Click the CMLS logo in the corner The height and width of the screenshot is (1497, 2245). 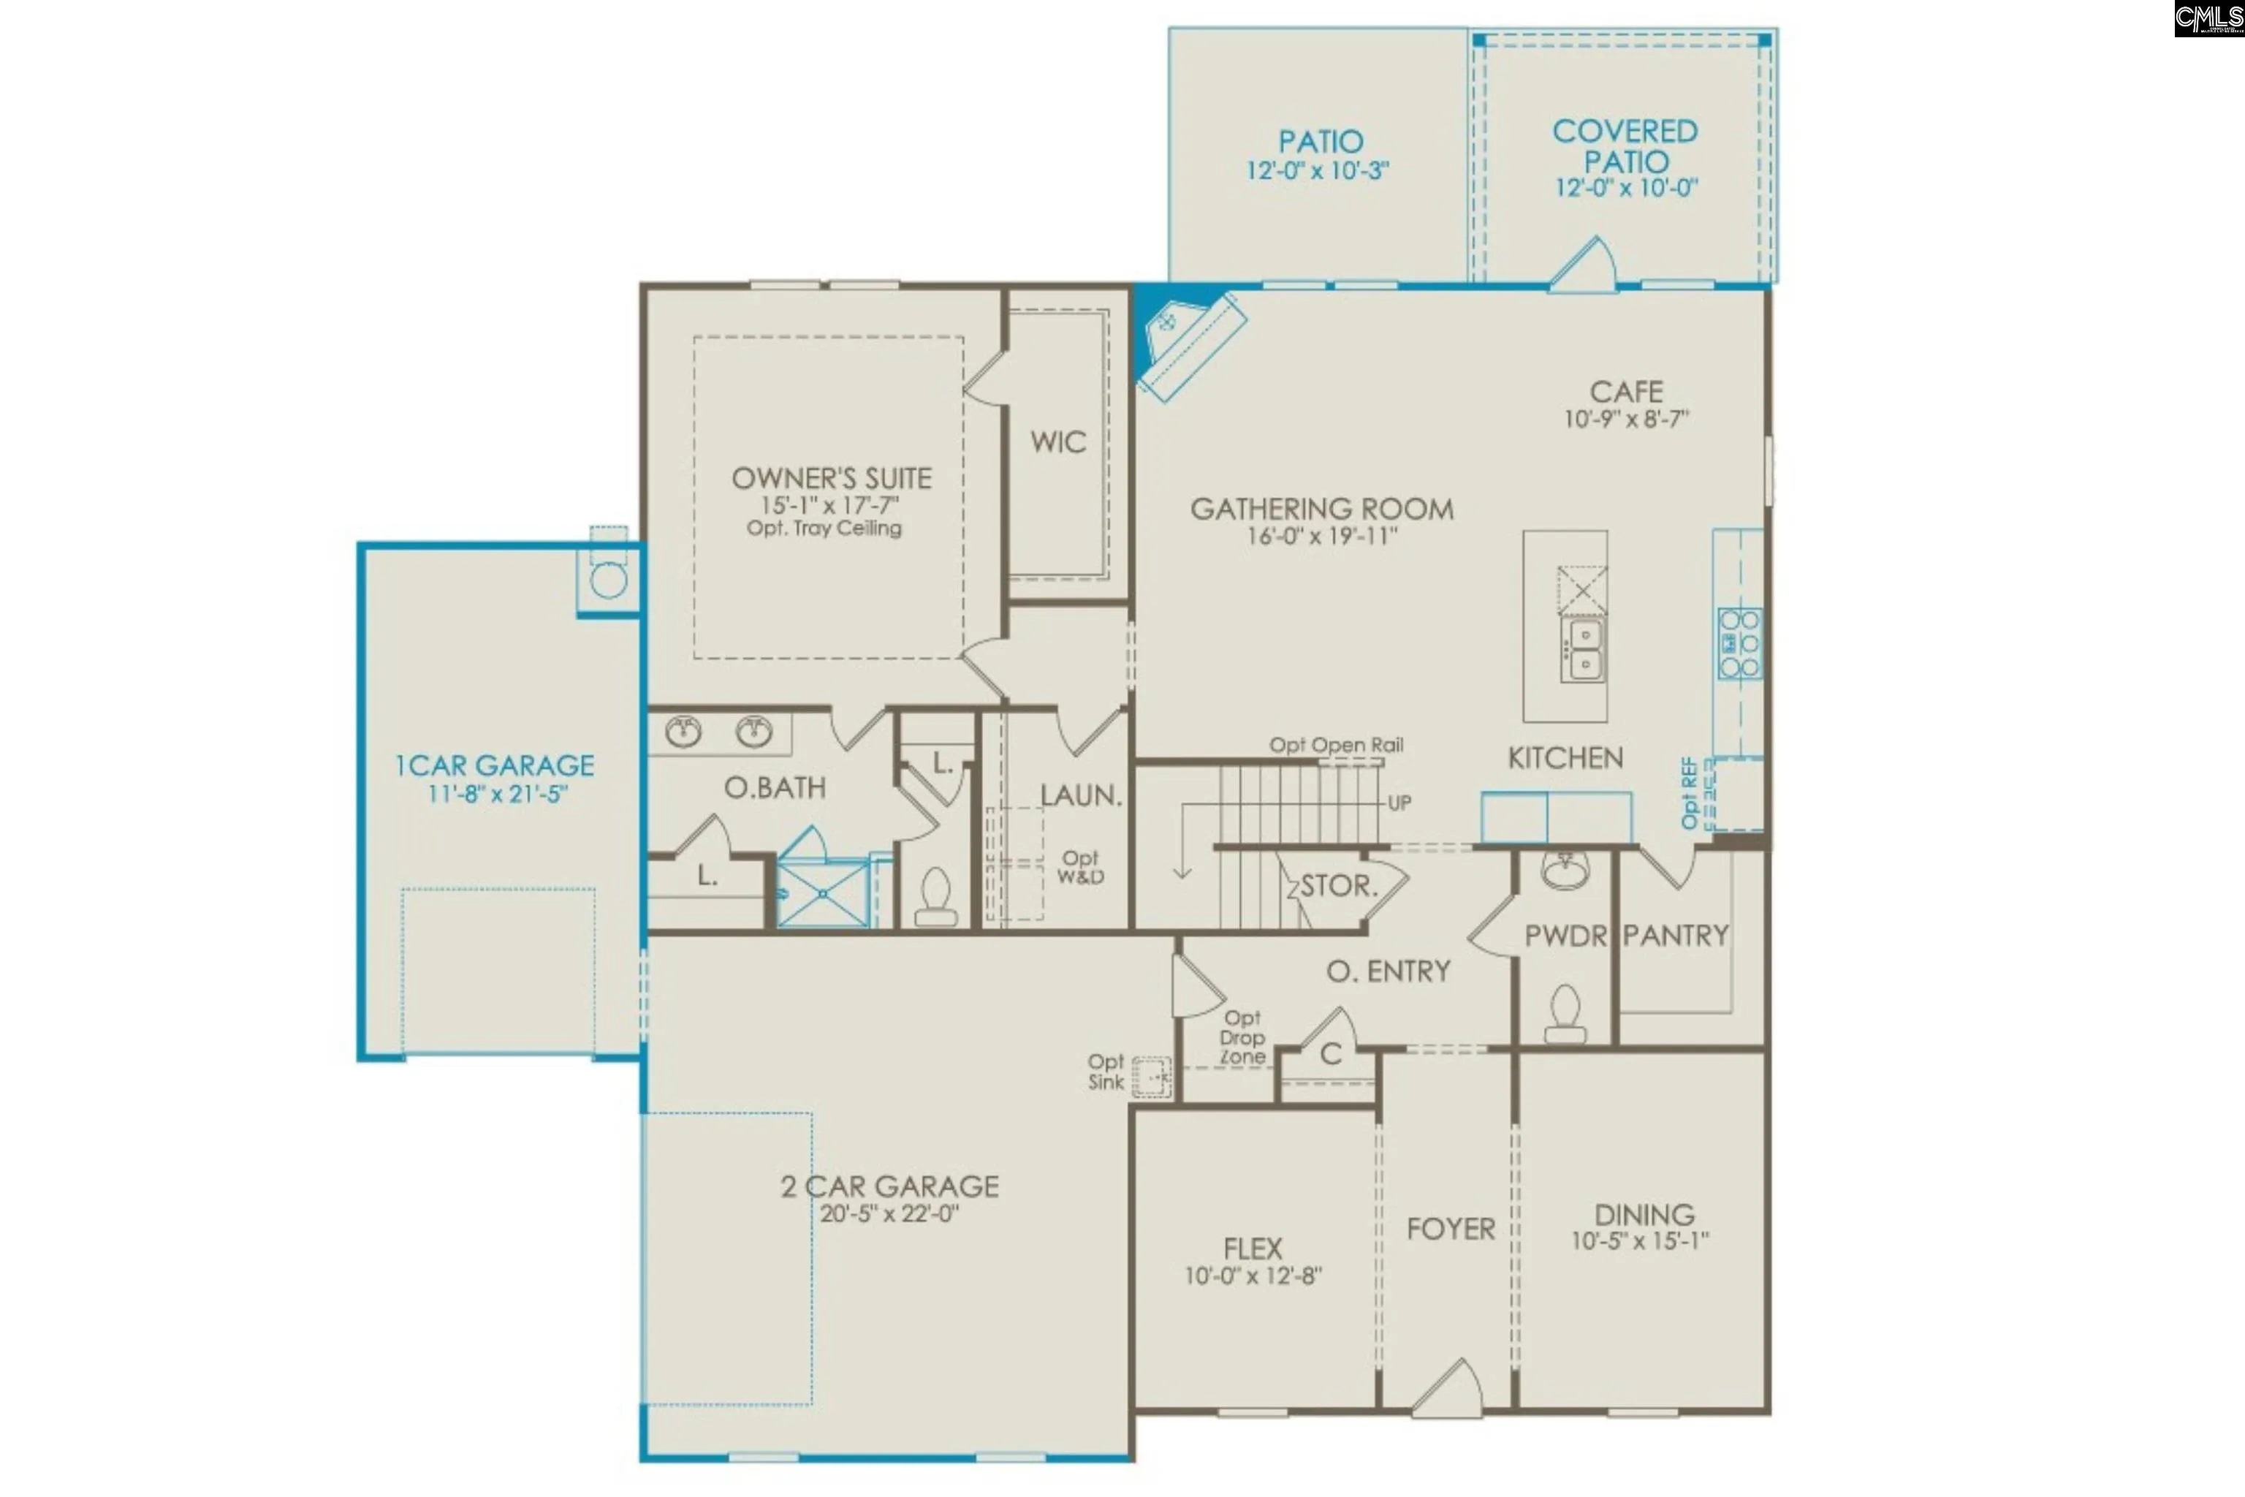click(x=2208, y=19)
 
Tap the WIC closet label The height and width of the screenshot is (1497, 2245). click(x=1057, y=442)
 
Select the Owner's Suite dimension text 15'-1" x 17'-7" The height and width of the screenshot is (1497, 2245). click(x=829, y=504)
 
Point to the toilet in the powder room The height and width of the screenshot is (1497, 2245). click(x=1565, y=1014)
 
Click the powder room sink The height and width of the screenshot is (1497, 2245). click(x=1565, y=870)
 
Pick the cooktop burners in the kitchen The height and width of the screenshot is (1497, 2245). click(x=1739, y=643)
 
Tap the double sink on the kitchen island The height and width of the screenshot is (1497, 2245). click(x=1584, y=648)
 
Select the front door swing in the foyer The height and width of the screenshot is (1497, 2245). click(x=1449, y=1385)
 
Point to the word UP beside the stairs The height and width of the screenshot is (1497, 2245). click(x=1399, y=803)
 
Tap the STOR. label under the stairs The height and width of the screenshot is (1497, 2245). click(x=1339, y=886)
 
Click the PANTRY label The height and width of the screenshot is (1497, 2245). click(x=1676, y=936)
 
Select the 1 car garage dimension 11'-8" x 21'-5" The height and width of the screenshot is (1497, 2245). click(x=497, y=793)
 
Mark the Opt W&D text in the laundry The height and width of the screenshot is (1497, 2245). click(x=1081, y=867)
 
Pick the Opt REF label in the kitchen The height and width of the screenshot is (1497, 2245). click(x=1690, y=792)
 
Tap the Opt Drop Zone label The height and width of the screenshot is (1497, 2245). click(x=1243, y=1038)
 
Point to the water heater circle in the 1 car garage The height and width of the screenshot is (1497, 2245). click(x=608, y=580)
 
